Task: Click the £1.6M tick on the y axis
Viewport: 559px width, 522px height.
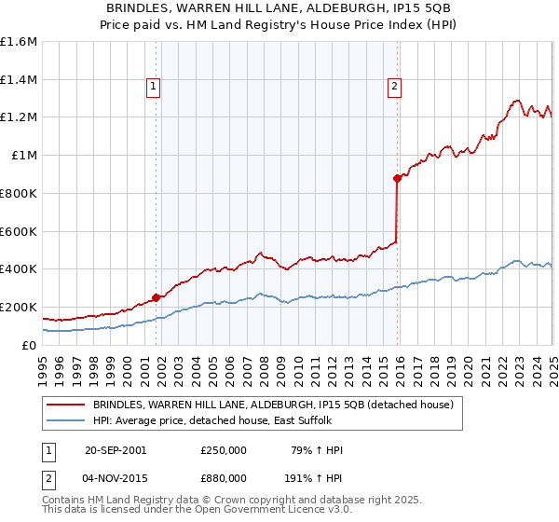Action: point(19,42)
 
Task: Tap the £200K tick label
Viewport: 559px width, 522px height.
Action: point(19,307)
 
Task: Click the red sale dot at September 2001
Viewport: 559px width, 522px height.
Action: point(156,297)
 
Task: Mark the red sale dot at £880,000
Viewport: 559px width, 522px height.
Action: point(397,178)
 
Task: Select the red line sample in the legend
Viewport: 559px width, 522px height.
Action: point(67,405)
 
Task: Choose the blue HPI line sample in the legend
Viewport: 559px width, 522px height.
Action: point(67,419)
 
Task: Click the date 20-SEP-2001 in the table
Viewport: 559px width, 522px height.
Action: point(116,450)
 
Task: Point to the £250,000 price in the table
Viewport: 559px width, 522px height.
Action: point(224,450)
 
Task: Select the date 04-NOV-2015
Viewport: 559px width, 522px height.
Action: point(116,482)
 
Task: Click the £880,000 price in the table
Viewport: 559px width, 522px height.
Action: point(224,482)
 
